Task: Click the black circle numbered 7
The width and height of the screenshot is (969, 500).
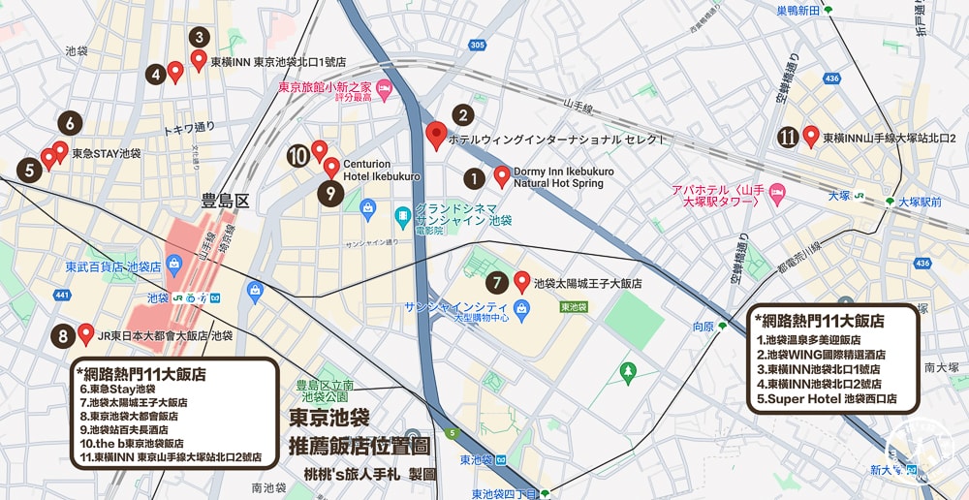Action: tap(496, 284)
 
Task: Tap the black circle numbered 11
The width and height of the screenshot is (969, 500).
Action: tap(788, 138)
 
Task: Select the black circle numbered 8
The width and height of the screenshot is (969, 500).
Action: tap(63, 337)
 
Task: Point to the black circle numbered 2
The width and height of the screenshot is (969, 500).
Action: tap(463, 115)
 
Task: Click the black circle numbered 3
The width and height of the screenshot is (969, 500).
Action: tap(199, 38)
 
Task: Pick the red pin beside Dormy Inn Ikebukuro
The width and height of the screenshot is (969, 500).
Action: tap(502, 175)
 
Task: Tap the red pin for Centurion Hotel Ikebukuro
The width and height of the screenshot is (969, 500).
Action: tap(331, 167)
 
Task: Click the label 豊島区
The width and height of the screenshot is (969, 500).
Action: tap(225, 201)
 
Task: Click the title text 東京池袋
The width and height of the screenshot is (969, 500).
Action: tap(329, 418)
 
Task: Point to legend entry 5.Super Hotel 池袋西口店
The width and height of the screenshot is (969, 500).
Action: tap(826, 398)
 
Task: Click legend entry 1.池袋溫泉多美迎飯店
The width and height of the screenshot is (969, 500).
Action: tap(821, 340)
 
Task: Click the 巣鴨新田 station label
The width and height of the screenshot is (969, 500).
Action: tap(797, 11)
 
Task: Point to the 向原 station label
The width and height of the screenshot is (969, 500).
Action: tap(703, 328)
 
